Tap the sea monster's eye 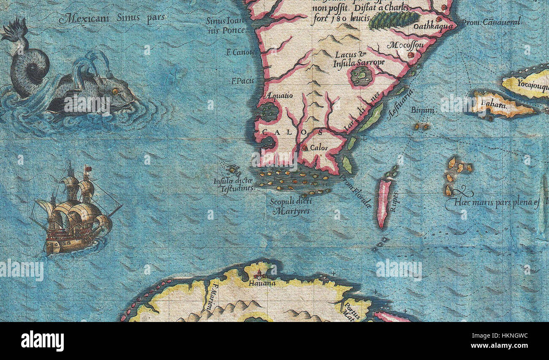click(114, 91)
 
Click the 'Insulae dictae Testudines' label click(233, 185)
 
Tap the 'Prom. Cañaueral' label click(491, 22)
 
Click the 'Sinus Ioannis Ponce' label click(226, 25)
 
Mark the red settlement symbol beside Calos click(304, 148)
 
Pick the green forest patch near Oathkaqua click(393, 19)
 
